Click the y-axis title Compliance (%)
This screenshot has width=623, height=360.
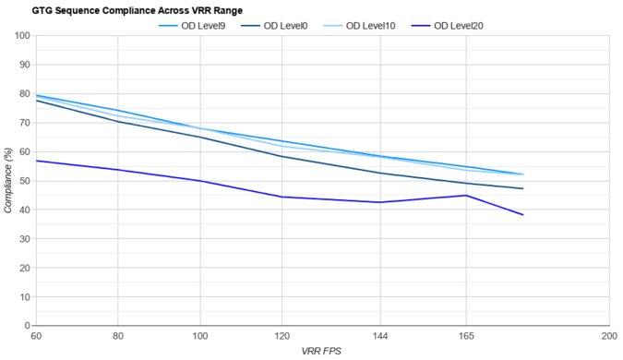(x=9, y=180)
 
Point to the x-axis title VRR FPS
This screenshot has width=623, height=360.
(x=322, y=351)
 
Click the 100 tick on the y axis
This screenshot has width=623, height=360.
(x=22, y=35)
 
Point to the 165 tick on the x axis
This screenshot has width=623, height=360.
(x=465, y=335)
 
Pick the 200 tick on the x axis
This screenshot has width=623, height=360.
(x=607, y=335)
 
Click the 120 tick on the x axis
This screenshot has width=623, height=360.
(x=281, y=335)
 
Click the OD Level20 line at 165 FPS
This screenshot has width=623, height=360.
(x=465, y=195)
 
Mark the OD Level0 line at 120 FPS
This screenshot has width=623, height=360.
(x=281, y=156)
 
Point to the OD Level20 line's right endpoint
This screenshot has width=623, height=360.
(x=523, y=215)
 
